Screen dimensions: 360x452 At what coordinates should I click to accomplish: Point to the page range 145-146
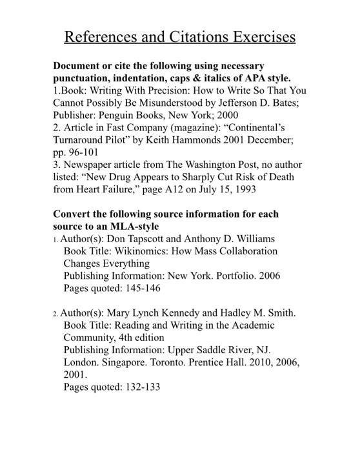point(141,288)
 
